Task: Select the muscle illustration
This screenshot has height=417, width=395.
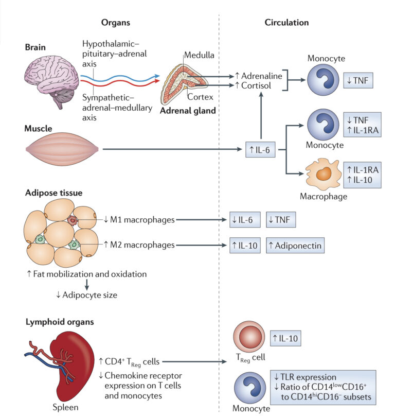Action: point(61,150)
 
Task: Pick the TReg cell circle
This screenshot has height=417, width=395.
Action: point(249,339)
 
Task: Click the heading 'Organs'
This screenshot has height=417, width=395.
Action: point(116,23)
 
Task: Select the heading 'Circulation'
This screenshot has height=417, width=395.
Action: point(286,23)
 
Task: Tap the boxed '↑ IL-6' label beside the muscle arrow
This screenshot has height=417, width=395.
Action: point(261,150)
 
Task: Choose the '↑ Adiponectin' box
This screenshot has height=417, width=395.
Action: point(295,246)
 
